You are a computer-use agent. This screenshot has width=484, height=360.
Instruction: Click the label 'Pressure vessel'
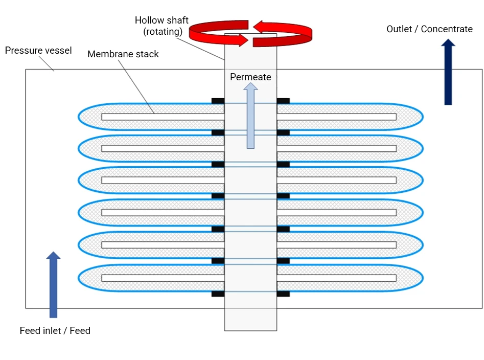[38, 51]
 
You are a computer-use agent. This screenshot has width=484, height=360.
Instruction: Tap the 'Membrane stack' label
[123, 54]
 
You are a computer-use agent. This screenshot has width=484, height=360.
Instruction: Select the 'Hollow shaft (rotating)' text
[162, 26]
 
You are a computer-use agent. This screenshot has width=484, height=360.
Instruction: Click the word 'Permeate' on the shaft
[250, 77]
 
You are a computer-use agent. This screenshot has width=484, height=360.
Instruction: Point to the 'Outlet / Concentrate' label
[429, 29]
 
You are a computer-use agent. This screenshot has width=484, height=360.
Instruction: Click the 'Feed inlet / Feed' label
[55, 331]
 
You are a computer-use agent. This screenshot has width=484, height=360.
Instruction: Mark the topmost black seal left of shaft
[218, 101]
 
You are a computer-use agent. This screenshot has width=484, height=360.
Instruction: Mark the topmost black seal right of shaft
[283, 101]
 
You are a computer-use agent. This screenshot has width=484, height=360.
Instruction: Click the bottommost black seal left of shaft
[218, 294]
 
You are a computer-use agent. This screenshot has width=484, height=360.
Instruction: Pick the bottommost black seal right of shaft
[283, 294]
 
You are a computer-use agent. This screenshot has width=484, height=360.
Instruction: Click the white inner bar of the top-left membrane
[163, 117]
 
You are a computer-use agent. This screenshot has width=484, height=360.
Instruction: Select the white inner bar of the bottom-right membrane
[336, 278]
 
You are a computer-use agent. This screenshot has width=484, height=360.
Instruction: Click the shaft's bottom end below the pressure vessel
[250, 320]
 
